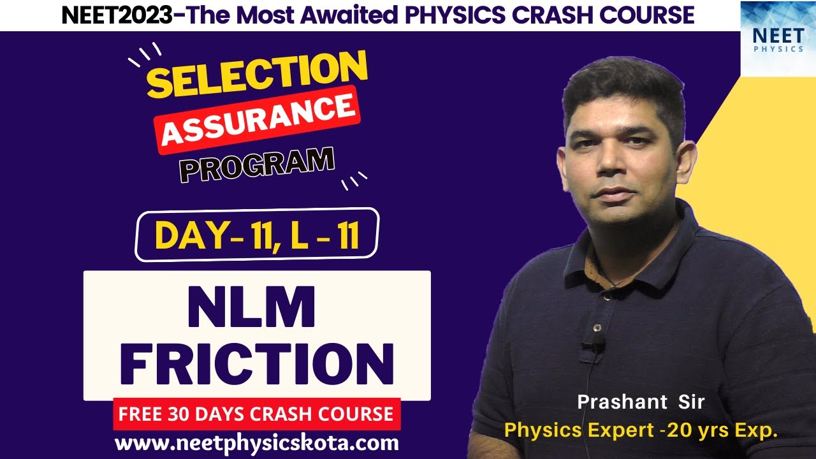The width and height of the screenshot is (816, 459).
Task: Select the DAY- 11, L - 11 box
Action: [257, 234]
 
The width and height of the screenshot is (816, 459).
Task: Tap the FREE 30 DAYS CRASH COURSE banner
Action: [257, 414]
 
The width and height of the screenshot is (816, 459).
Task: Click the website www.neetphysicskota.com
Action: [257, 442]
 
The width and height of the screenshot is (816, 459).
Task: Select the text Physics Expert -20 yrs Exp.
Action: [641, 430]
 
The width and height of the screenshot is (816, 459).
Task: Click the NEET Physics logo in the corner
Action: [778, 38]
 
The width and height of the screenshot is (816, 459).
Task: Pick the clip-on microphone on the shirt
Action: [593, 347]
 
